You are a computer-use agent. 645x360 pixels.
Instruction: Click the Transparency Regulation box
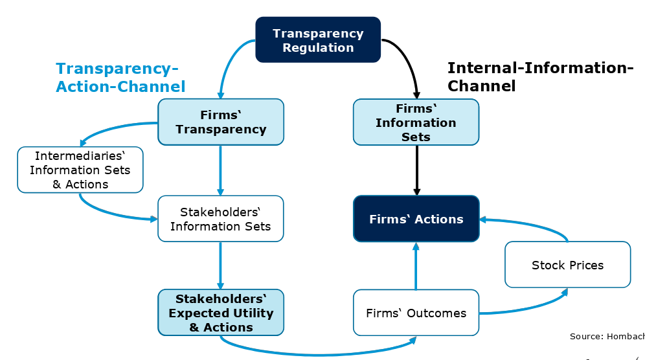tap(318, 39)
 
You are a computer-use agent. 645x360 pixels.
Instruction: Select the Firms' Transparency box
tap(221, 122)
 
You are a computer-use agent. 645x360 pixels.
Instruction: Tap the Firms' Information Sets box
tap(416, 122)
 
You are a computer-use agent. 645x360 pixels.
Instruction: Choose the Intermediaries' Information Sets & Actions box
tap(80, 170)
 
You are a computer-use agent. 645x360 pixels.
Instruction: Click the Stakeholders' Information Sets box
tap(221, 218)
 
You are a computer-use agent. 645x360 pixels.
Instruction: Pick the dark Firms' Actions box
tap(416, 219)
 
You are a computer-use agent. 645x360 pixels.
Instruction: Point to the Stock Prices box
tap(567, 264)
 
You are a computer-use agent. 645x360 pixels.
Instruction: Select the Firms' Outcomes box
tap(416, 313)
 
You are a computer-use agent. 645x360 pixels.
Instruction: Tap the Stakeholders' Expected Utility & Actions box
tap(221, 313)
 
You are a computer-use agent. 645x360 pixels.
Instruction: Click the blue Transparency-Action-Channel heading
tap(120, 77)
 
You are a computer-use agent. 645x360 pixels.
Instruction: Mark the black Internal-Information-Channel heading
tap(539, 76)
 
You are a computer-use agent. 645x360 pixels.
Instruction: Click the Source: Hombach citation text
tap(606, 336)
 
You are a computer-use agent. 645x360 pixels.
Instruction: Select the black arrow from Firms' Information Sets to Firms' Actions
tap(416, 170)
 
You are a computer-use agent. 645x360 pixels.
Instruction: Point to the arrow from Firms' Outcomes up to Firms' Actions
tap(416, 265)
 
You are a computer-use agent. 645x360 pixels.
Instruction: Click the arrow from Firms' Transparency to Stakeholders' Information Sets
tap(221, 170)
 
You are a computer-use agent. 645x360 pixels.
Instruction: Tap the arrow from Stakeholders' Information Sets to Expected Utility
tap(221, 265)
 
